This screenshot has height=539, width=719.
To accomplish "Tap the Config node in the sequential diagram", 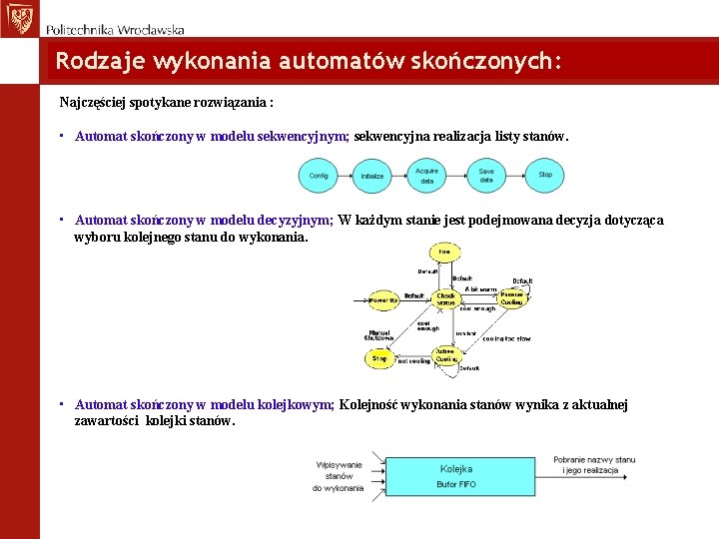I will coord(319,176).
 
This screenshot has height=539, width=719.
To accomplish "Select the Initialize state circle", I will coord(372,176).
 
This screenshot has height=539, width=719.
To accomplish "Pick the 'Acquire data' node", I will coord(427,176).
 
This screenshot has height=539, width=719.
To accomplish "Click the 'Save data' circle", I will coord(486,176).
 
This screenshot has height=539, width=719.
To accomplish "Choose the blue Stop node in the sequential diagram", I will coord(545,176).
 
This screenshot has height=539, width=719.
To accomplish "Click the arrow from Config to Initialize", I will coord(346,176).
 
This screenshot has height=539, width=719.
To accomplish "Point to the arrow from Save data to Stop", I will coord(516,176).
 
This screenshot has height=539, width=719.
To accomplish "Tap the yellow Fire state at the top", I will coord(443,252).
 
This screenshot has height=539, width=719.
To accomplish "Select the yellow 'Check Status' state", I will coord(445,298).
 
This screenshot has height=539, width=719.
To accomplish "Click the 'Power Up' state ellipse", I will coord(382,299).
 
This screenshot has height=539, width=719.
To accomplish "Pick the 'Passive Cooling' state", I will coord(512,298).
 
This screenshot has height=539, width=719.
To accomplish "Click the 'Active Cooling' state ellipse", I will coord(445,355).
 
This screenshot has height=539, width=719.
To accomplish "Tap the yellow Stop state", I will coord(379,357).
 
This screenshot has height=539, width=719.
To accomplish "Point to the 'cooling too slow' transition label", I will coord(507,338).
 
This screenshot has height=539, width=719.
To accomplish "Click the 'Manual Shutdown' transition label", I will coord(379,335).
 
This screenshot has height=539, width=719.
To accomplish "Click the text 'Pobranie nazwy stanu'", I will coord(595,459).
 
